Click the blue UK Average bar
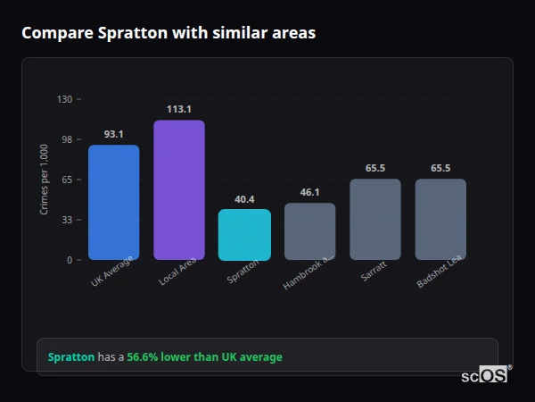[113, 203]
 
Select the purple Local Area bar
[179, 190]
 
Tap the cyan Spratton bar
[244, 235]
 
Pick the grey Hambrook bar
[310, 231]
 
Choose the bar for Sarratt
[375, 220]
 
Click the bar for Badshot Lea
[440, 220]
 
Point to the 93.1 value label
[113, 134]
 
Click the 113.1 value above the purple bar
[179, 109]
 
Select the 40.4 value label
[244, 199]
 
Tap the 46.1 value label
[310, 192]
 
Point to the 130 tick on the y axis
[64, 99]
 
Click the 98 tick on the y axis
[66, 139]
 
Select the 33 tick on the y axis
[66, 220]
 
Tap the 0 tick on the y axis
[69, 260]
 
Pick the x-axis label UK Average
[112, 272]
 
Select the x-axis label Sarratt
[374, 272]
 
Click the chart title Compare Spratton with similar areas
[169, 33]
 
